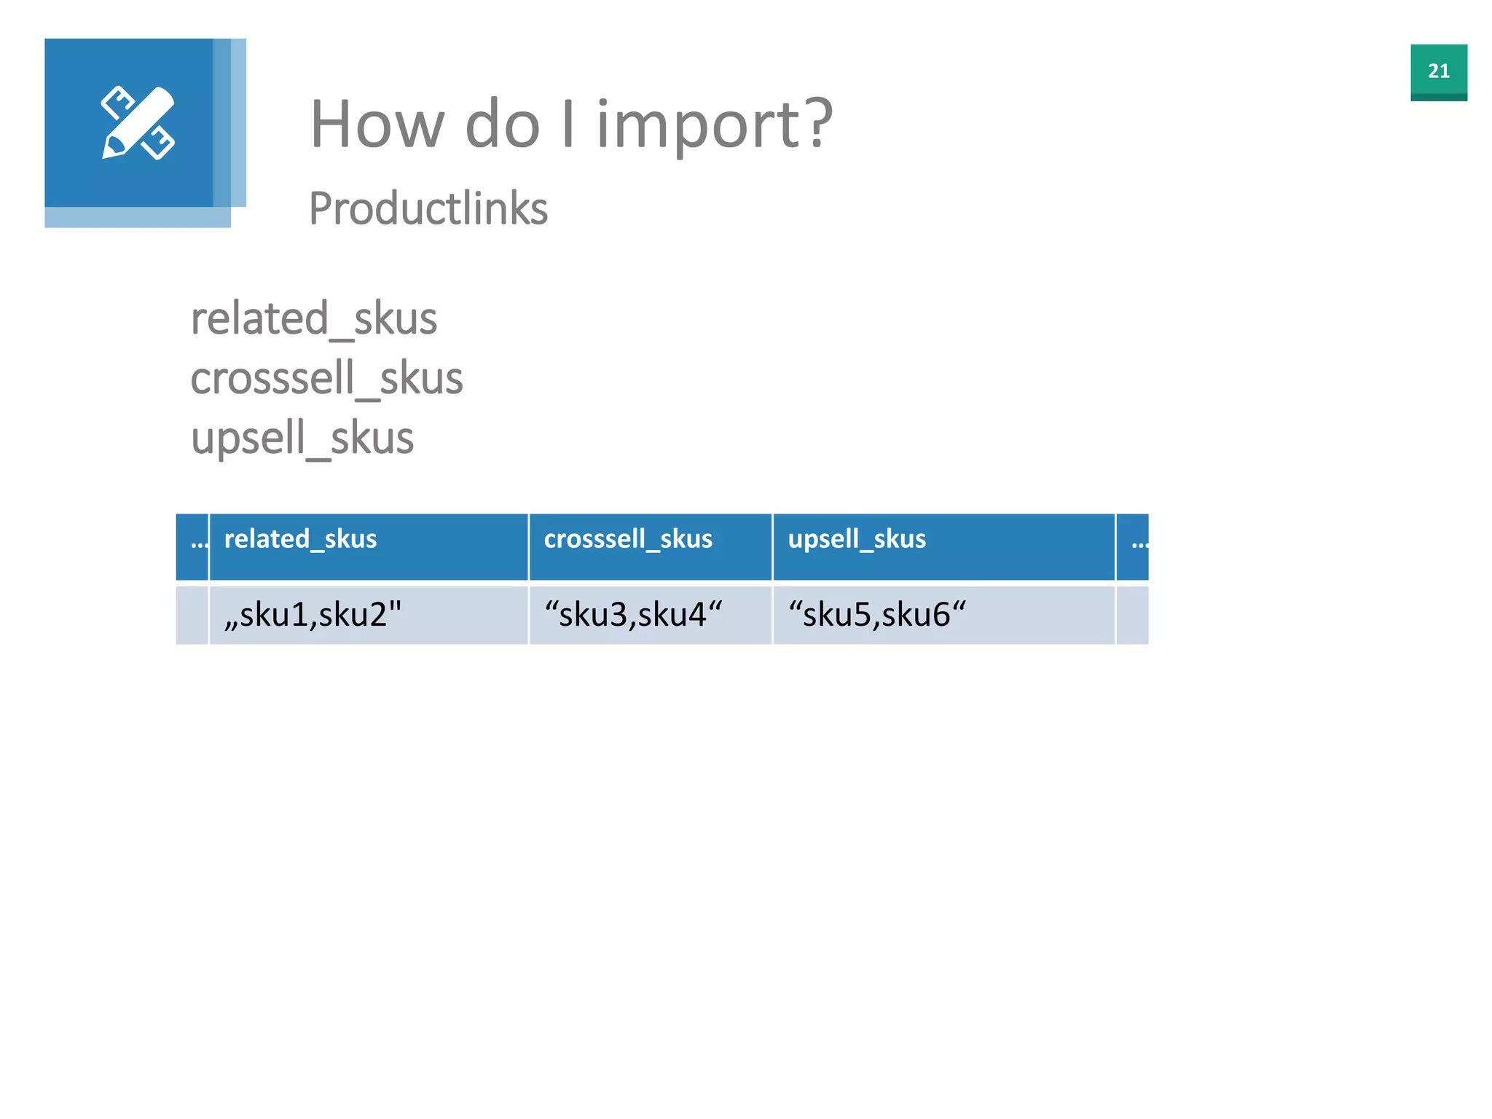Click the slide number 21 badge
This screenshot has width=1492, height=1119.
click(x=1438, y=71)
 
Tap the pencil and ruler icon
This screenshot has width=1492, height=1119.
click(x=138, y=123)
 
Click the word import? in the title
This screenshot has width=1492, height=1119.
click(x=714, y=125)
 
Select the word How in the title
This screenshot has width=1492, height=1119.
click(x=377, y=125)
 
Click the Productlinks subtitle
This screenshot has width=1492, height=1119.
click(x=428, y=209)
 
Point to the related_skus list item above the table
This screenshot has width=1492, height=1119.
click(x=313, y=319)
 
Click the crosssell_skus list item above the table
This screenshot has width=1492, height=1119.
click(x=326, y=379)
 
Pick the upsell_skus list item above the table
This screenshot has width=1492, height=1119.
click(x=302, y=439)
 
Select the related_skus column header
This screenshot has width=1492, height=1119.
click(x=300, y=539)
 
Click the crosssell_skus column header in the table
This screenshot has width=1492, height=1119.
click(x=628, y=539)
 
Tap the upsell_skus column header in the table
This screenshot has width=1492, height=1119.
click(x=857, y=539)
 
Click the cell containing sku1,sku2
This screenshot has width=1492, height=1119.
click(x=313, y=615)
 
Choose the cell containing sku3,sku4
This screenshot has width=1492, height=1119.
click(x=632, y=615)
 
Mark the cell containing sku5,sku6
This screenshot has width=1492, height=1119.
click(x=876, y=615)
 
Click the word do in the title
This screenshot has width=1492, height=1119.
click(x=503, y=125)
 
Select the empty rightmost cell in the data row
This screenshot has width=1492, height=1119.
click(x=1132, y=615)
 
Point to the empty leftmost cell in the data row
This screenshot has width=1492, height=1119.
click(x=192, y=615)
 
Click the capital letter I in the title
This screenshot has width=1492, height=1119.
click(x=568, y=125)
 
